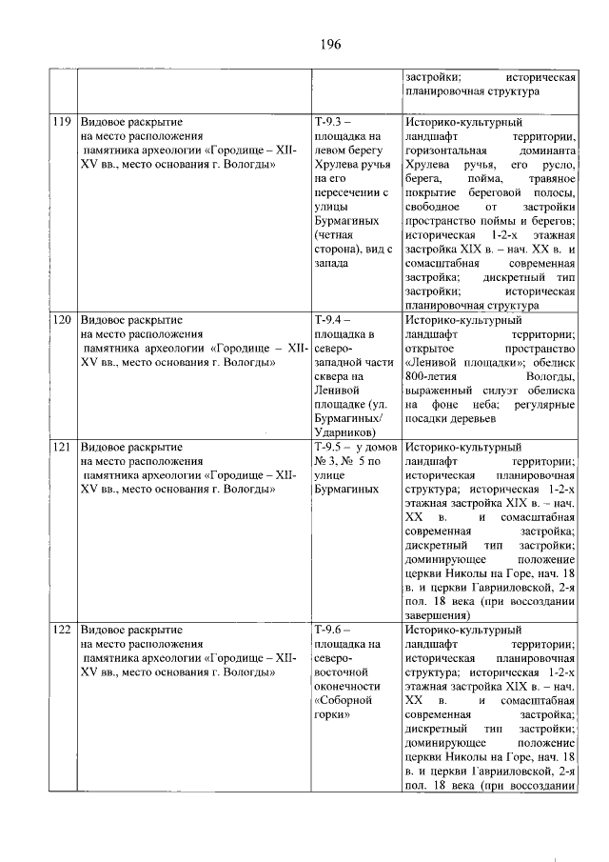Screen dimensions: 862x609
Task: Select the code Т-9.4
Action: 333,321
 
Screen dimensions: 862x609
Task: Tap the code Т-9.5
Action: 334,446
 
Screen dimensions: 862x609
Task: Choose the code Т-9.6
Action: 333,630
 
